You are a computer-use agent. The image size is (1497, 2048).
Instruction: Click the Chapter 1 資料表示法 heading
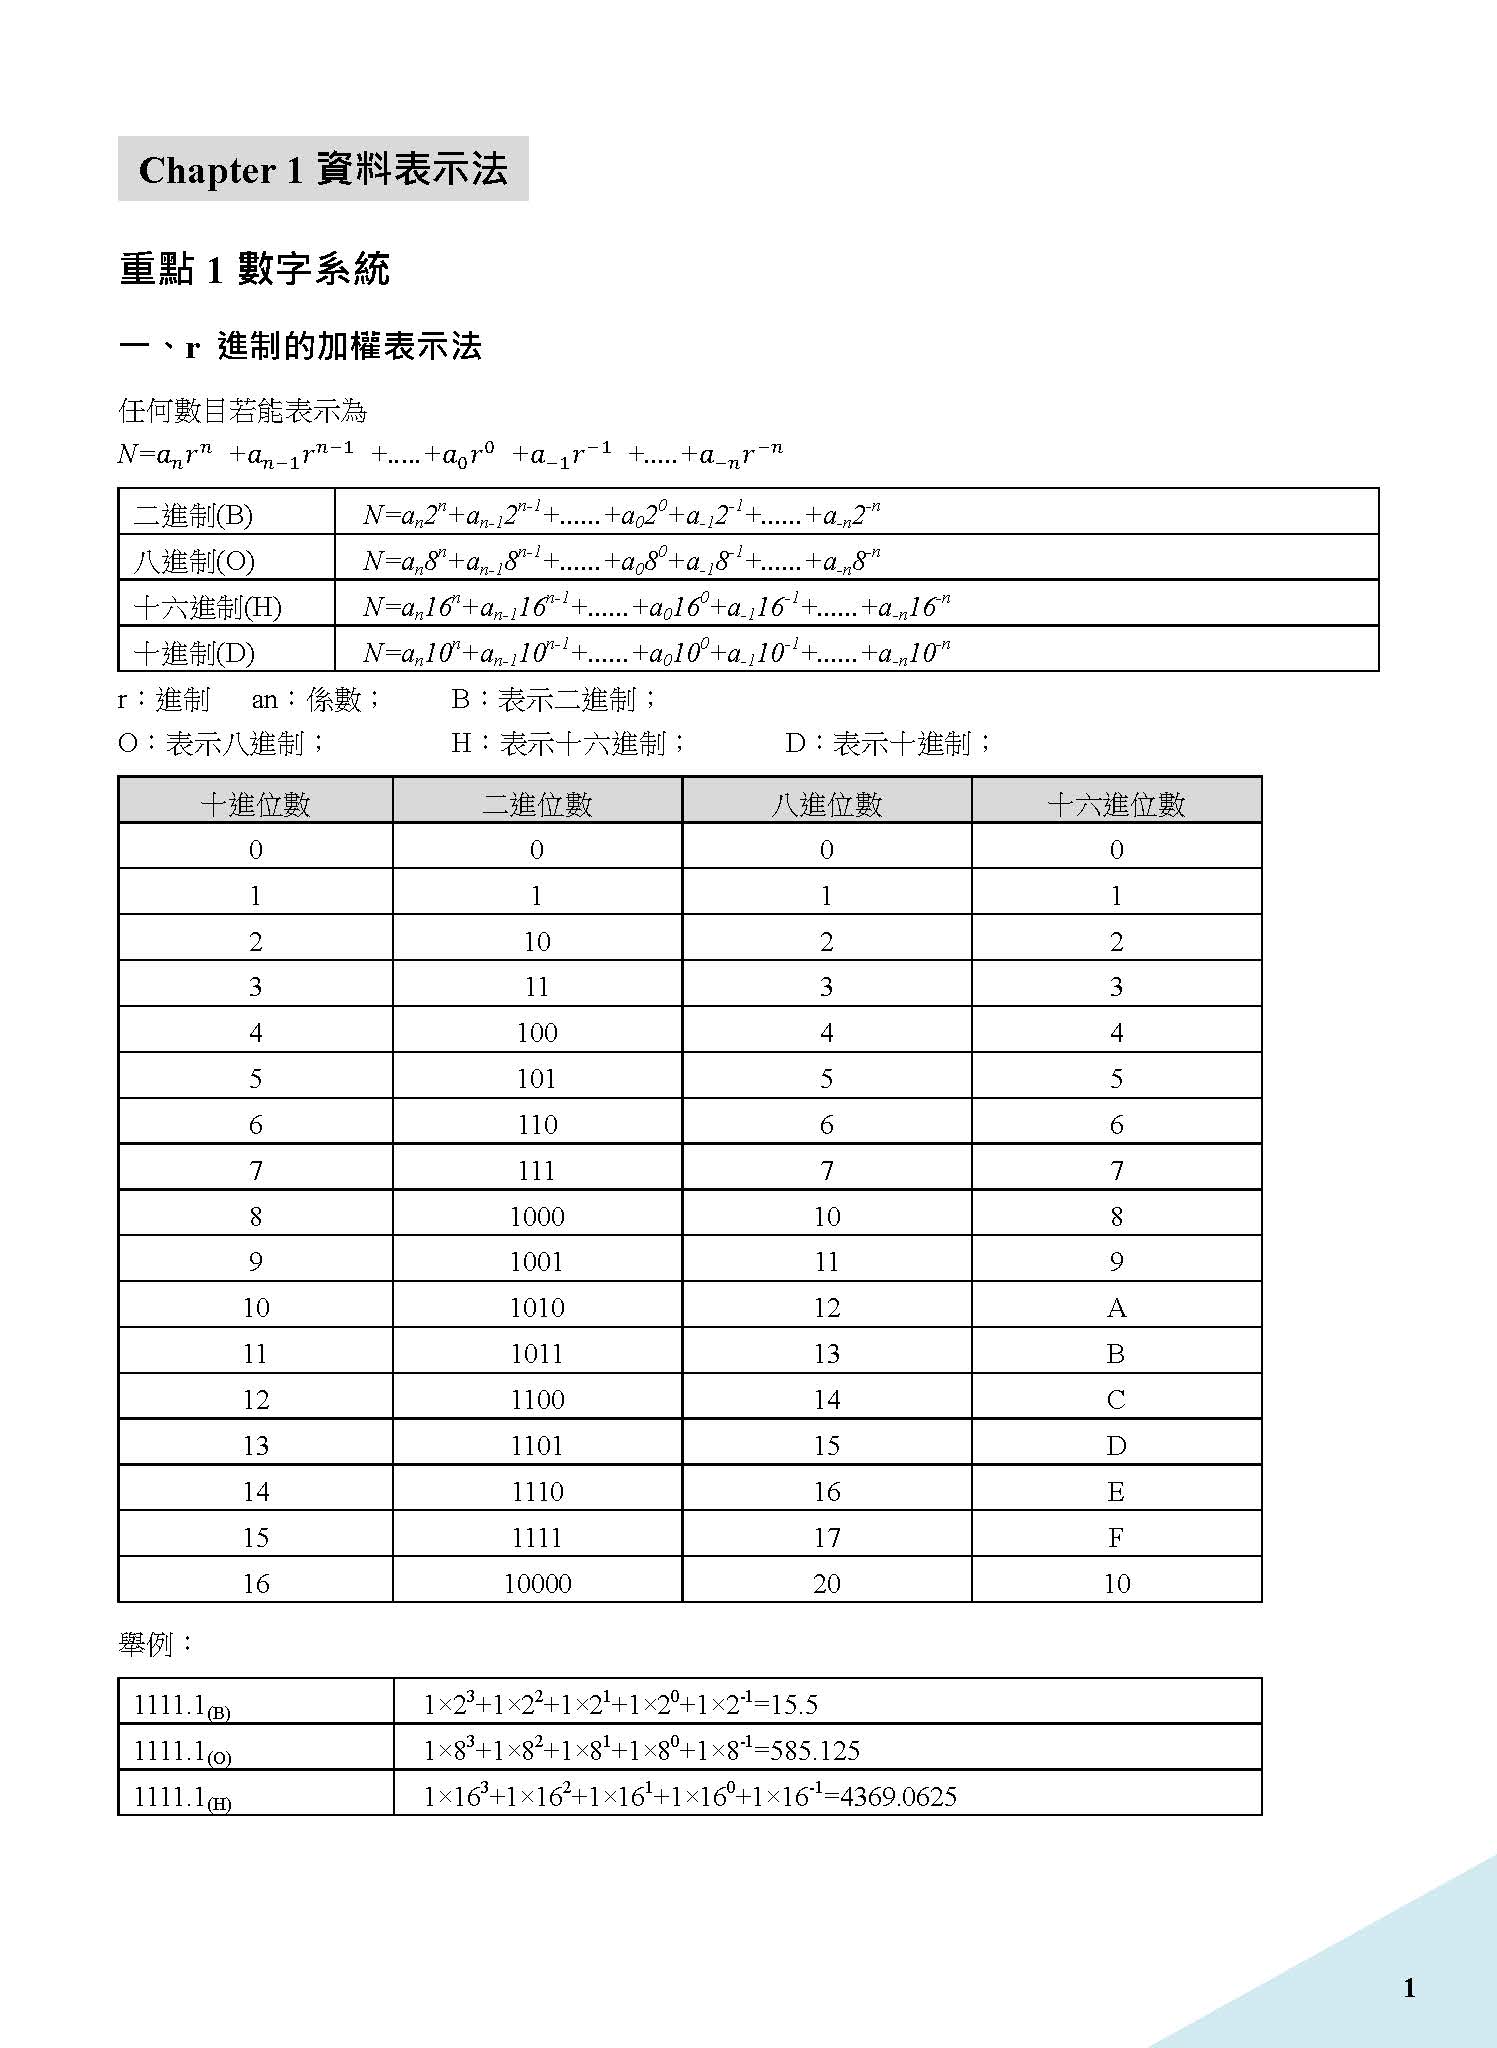point(323,169)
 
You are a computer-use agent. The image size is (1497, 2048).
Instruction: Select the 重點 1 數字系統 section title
point(254,269)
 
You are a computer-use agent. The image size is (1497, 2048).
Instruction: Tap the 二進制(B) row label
point(193,515)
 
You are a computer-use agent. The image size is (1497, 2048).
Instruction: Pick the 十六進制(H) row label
point(208,607)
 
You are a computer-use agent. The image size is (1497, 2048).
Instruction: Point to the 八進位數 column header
point(826,804)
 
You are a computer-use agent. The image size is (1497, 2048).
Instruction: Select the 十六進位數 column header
point(1116,804)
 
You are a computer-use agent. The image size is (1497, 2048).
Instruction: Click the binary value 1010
point(537,1308)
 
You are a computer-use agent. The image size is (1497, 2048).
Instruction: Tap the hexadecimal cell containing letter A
point(1116,1308)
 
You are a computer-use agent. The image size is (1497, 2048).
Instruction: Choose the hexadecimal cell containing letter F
point(1116,1538)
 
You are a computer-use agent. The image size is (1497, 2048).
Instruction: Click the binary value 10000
point(537,1584)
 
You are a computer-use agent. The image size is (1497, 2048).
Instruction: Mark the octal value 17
point(826,1538)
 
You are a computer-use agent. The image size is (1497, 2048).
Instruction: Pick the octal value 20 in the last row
point(826,1584)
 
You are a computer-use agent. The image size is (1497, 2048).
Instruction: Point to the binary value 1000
point(537,1217)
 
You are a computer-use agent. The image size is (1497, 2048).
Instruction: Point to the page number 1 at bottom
point(1409,1988)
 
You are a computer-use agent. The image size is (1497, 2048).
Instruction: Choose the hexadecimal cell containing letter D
point(1116,1446)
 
